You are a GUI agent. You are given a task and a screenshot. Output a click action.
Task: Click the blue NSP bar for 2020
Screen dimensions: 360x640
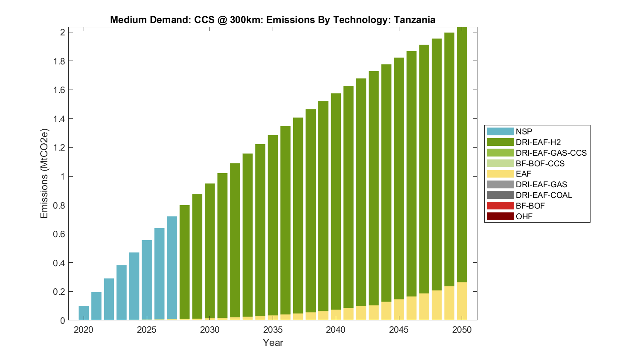coord(84,313)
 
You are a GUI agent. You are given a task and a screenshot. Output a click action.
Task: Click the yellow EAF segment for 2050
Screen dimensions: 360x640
coord(462,301)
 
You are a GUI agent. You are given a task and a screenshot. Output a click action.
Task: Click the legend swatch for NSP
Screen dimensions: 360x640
coord(500,132)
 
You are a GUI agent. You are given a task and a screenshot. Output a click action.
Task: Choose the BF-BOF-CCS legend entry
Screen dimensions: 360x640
coord(540,163)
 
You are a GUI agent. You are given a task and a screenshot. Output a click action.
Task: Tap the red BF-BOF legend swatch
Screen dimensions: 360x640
coord(500,206)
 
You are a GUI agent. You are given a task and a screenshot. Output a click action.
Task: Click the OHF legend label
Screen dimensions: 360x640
coord(524,216)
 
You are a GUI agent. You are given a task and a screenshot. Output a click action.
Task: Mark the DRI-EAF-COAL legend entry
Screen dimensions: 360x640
coord(544,195)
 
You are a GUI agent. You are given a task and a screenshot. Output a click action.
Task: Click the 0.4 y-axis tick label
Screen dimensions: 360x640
coord(59,263)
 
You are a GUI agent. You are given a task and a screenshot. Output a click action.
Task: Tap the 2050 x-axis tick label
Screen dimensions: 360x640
coord(462,330)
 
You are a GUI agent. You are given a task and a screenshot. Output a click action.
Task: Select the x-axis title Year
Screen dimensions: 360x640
coord(273,343)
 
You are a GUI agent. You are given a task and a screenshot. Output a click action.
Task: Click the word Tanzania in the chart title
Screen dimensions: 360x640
coord(414,20)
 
